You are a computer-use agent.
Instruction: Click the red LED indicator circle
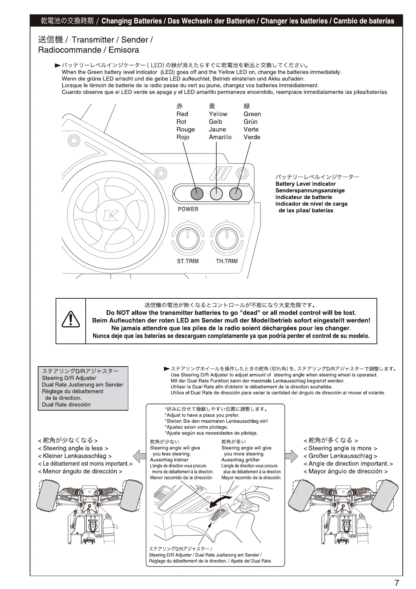[197, 193]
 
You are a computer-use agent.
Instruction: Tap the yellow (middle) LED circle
[216, 193]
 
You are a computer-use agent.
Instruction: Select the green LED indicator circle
[236, 193]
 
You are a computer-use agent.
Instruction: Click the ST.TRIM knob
[188, 240]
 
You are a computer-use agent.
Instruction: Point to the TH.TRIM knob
[227, 240]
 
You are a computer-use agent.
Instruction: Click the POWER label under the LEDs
[188, 209]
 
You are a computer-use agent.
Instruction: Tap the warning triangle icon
[71, 320]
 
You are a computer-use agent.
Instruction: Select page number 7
[397, 583]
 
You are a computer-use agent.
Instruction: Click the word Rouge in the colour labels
[186, 129]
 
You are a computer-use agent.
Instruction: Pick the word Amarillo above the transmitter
[220, 137]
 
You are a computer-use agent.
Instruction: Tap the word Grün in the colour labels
[251, 122]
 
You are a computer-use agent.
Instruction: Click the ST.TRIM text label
[188, 261]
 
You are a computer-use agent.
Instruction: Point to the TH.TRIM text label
[227, 261]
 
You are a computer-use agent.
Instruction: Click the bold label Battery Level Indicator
[306, 184]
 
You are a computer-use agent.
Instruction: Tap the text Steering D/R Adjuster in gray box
[69, 378]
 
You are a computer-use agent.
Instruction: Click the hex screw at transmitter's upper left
[74, 141]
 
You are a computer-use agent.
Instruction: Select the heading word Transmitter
[93, 40]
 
